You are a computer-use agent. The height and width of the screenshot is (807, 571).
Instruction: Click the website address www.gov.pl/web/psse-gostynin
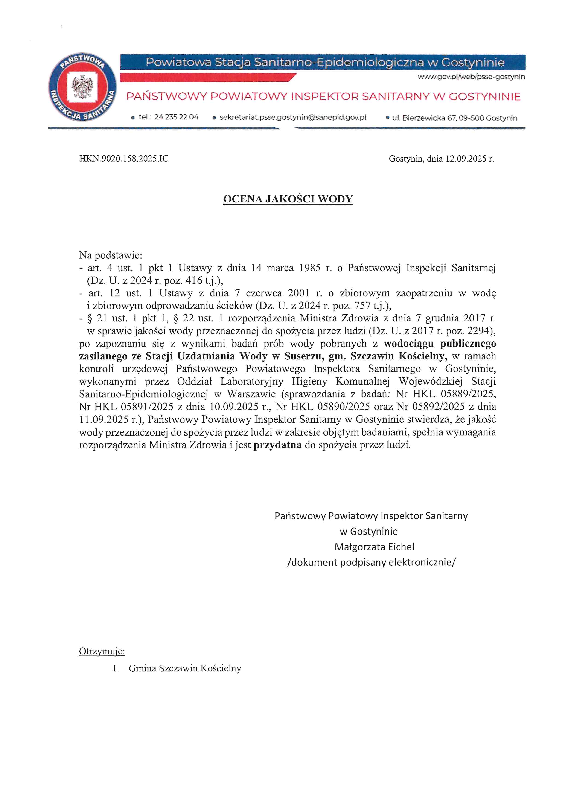(471, 77)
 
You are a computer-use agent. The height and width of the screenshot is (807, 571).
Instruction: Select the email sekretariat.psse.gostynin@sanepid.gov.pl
(293, 117)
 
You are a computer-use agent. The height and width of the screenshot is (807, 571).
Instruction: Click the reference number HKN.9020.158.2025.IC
(124, 159)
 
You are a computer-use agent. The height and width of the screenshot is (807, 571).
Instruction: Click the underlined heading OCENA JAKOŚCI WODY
(288, 199)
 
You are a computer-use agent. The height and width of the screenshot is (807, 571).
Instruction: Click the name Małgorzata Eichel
(374, 547)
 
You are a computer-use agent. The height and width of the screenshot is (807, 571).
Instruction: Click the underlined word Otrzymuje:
(102, 651)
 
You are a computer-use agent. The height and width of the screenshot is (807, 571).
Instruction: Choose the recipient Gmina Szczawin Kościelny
(185, 668)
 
